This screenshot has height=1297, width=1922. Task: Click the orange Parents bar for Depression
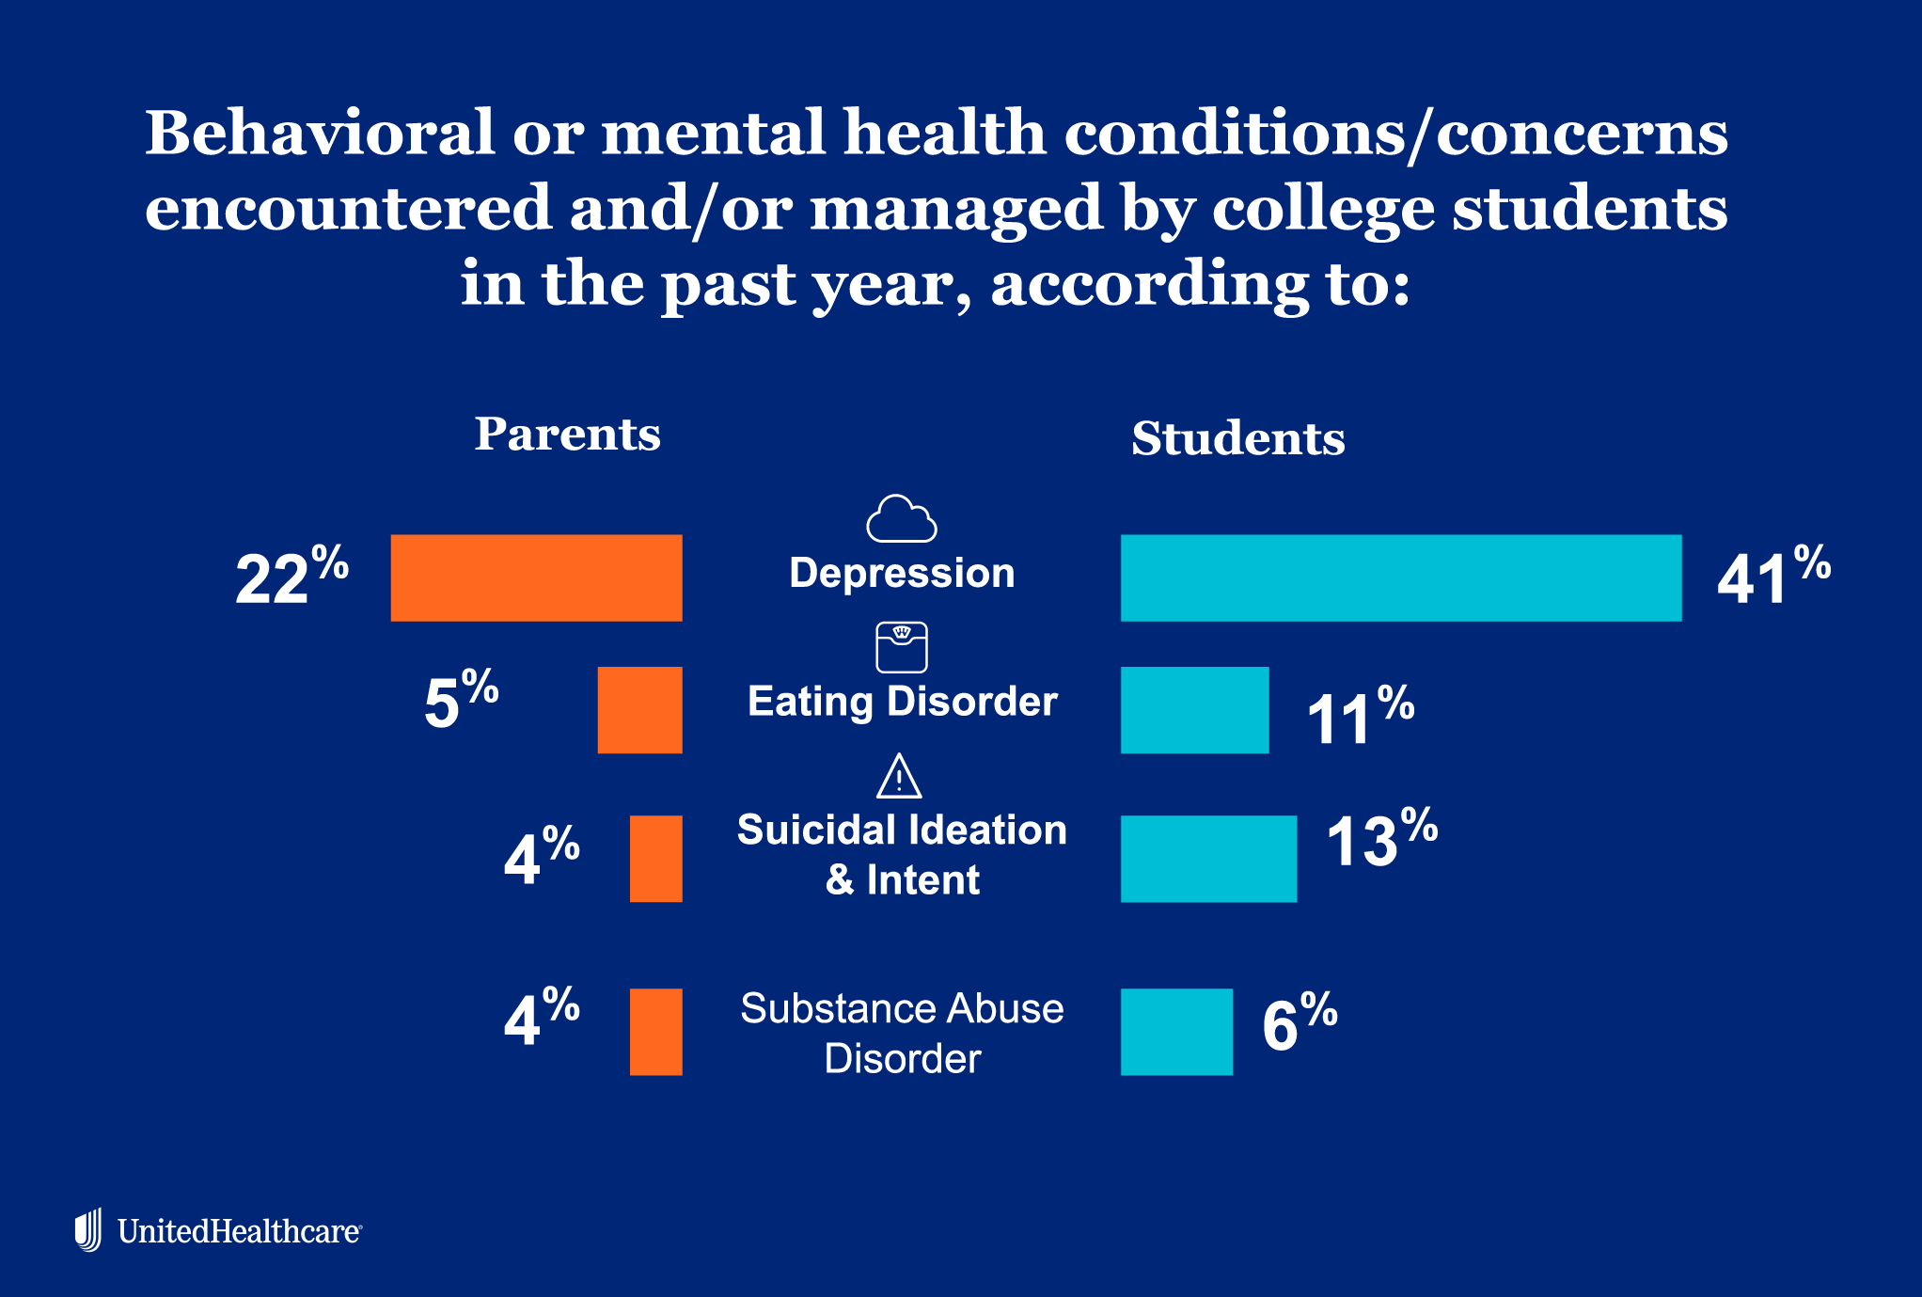(x=536, y=577)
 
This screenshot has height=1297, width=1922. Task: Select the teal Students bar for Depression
(x=1400, y=577)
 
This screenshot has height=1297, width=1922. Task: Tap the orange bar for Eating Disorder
(x=639, y=710)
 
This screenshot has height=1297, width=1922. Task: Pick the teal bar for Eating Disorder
(x=1194, y=710)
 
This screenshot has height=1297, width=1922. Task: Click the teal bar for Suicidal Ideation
(x=1208, y=859)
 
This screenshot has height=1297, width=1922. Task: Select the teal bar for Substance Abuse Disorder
(x=1176, y=1032)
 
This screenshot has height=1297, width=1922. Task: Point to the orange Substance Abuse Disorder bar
(x=655, y=1032)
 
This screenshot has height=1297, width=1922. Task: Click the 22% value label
(x=291, y=577)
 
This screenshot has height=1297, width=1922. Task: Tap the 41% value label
(x=1772, y=577)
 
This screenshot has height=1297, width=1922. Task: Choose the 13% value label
(x=1380, y=839)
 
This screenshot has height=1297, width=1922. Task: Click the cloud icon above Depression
(x=901, y=519)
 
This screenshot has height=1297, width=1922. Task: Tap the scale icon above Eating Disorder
(x=901, y=647)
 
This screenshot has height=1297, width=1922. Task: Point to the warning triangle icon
(x=899, y=777)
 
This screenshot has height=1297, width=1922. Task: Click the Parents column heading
(x=567, y=434)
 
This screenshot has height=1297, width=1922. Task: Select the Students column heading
(x=1237, y=438)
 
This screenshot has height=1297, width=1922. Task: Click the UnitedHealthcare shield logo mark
(x=88, y=1229)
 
